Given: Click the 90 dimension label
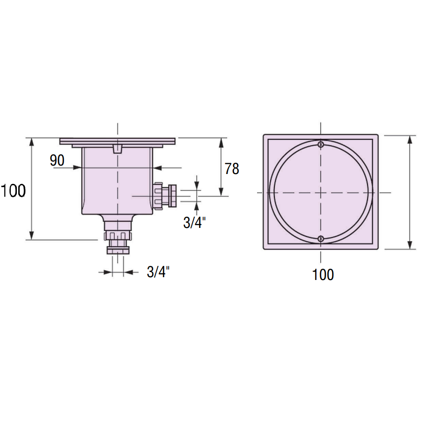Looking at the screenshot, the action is pyautogui.click(x=57, y=160).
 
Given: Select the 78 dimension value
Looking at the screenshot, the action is pyautogui.click(x=232, y=169).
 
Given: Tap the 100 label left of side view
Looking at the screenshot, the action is pyautogui.click(x=13, y=190).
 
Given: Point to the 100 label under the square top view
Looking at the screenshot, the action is pyautogui.click(x=323, y=274).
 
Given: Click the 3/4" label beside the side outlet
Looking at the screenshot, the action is pyautogui.click(x=194, y=223).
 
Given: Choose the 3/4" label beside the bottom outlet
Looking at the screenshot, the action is pyautogui.click(x=158, y=272).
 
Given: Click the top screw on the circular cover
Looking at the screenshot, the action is pyautogui.click(x=321, y=144).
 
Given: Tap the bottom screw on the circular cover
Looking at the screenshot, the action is pyautogui.click(x=321, y=239).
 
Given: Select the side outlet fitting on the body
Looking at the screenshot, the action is pyautogui.click(x=165, y=196).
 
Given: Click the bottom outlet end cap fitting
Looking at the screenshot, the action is pyautogui.click(x=118, y=250).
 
